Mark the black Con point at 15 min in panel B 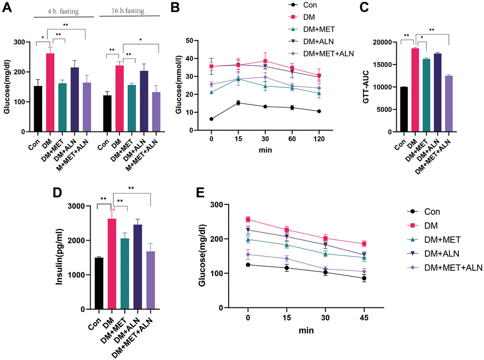coord(225,102)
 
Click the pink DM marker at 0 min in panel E coord(248,219)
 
